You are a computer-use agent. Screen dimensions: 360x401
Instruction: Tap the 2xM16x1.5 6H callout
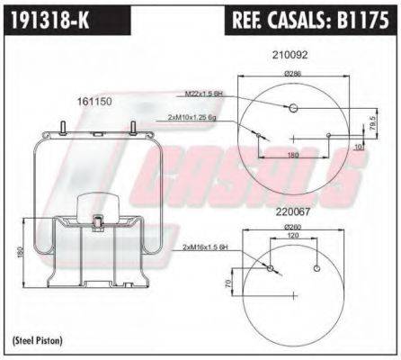click(x=205, y=247)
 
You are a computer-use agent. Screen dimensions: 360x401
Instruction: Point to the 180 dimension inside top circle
click(x=293, y=155)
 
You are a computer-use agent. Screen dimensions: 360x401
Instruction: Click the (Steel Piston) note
click(x=39, y=339)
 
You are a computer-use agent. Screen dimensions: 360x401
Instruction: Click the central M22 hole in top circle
click(x=293, y=108)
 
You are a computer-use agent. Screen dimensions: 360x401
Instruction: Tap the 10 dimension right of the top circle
click(x=360, y=145)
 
